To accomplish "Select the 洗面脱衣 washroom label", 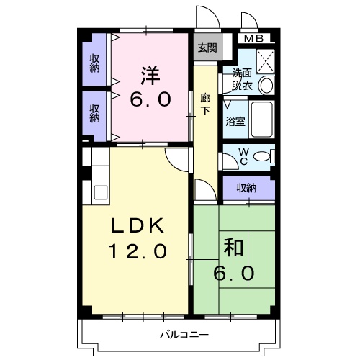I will point(242,78).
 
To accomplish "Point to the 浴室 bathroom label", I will point(235,121).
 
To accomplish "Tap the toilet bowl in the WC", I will point(263,156).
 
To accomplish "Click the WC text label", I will point(243,156).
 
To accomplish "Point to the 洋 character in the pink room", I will point(150,75).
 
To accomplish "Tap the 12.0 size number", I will point(138,251).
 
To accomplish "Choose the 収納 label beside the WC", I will point(246,188).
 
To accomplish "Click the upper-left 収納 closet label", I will point(94,63).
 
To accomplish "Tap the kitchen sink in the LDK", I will point(99,192).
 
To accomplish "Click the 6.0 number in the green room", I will point(234,274).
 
